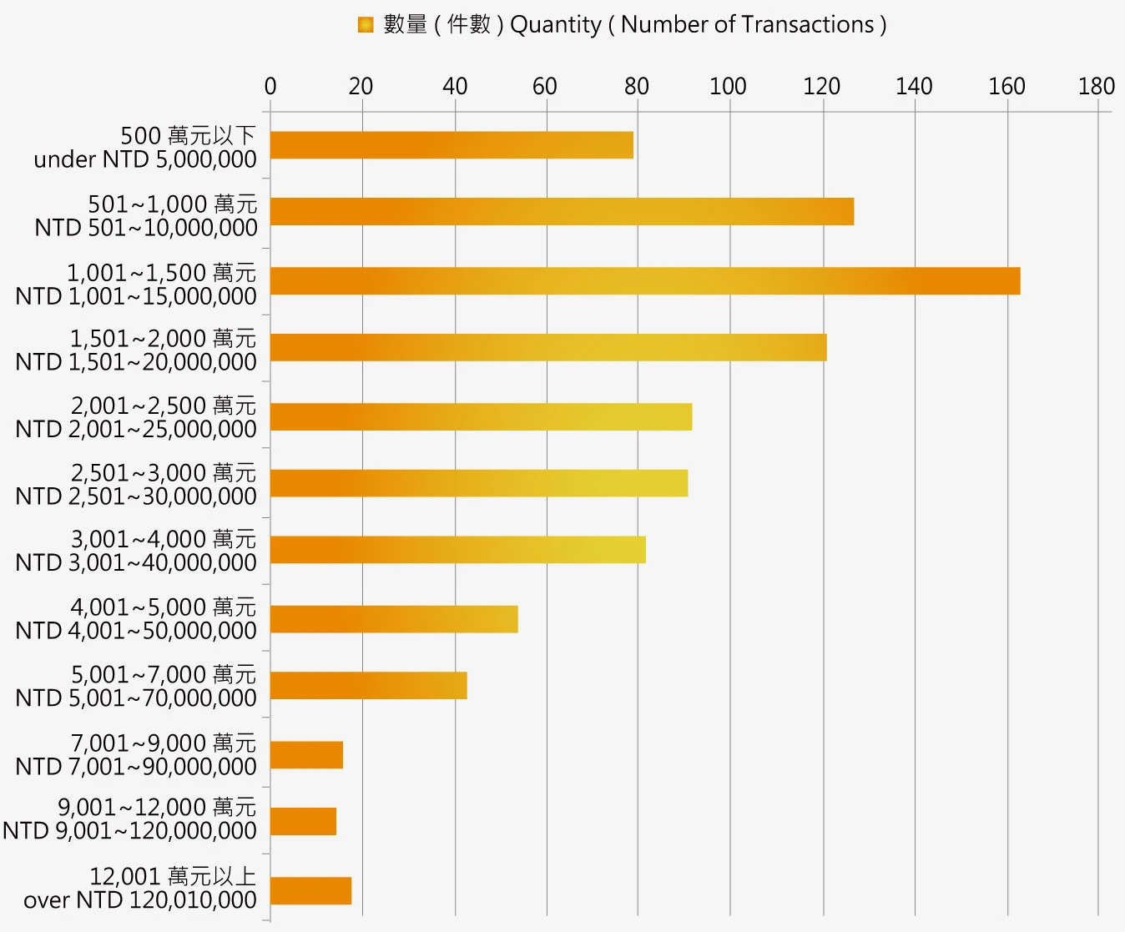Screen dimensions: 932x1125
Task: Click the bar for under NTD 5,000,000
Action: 452,145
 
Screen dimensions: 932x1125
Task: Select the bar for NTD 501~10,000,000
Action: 562,212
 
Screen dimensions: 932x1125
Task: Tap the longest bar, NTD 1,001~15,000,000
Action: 645,281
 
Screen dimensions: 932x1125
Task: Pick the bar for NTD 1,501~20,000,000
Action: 548,347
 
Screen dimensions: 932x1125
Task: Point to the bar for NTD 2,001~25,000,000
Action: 481,416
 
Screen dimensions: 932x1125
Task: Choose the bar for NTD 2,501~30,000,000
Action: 479,483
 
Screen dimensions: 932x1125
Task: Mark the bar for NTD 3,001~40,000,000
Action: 458,550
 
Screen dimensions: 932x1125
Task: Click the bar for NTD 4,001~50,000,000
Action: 394,619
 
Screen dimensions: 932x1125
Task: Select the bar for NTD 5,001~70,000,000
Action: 368,686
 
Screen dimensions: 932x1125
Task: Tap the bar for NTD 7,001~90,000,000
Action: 306,755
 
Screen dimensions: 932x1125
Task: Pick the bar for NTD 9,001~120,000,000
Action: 303,822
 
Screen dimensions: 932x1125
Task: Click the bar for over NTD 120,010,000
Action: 310,891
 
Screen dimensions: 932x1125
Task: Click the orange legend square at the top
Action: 366,25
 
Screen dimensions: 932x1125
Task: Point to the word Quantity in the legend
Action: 555,25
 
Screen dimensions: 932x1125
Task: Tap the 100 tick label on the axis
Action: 728,86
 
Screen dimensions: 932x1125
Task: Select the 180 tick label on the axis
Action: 1096,86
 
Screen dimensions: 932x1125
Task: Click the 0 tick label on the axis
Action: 270,86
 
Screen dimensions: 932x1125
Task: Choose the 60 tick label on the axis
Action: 544,86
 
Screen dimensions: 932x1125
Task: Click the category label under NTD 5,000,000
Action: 145,148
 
